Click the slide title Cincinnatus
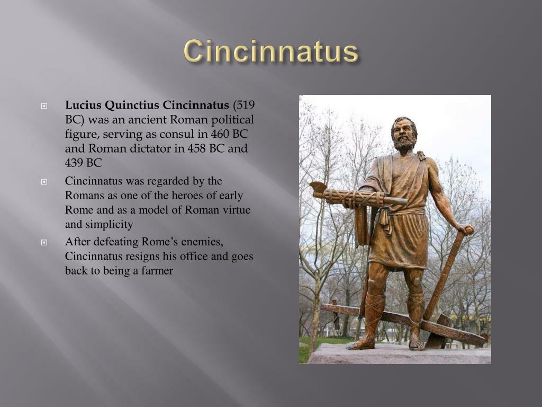271,52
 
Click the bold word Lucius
80,104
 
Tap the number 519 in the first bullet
245,104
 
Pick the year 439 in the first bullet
75,163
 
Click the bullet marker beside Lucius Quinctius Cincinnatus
44,105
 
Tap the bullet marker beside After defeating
44,243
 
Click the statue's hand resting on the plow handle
465,229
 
